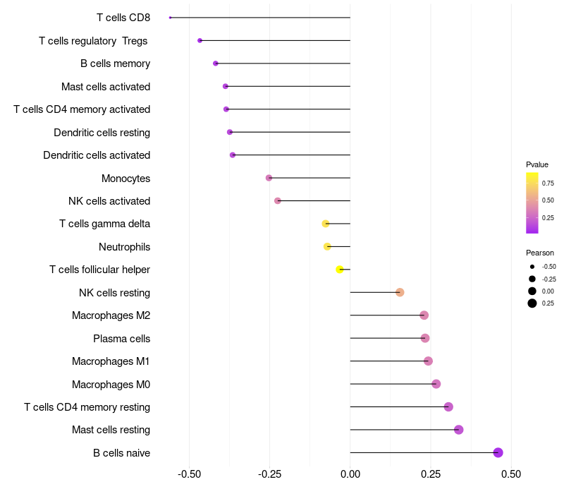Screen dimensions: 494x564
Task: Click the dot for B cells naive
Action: (x=498, y=452)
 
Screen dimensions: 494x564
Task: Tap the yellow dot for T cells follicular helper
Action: (x=340, y=270)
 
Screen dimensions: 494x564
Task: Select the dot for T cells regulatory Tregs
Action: (x=200, y=41)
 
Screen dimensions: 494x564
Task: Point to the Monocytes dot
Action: (x=269, y=178)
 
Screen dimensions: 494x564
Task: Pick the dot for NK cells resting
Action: (x=400, y=292)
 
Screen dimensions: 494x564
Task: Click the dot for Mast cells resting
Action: (x=458, y=430)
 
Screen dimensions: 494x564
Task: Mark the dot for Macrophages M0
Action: (x=436, y=384)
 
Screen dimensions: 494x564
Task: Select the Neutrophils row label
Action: (x=125, y=247)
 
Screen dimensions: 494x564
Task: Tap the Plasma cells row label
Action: (x=122, y=339)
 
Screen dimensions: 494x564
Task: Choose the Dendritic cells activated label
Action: (x=97, y=155)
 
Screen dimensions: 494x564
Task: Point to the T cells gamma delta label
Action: (x=105, y=224)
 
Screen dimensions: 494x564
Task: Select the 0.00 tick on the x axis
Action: (x=350, y=474)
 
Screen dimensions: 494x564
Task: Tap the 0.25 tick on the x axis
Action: (x=431, y=474)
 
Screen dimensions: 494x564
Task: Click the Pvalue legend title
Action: (x=537, y=164)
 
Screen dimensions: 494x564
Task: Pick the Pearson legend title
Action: (x=540, y=253)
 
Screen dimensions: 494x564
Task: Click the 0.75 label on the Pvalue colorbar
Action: (x=548, y=183)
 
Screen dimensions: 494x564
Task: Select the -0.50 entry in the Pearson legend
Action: (x=548, y=267)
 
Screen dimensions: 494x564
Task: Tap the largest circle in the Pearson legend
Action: (x=532, y=303)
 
